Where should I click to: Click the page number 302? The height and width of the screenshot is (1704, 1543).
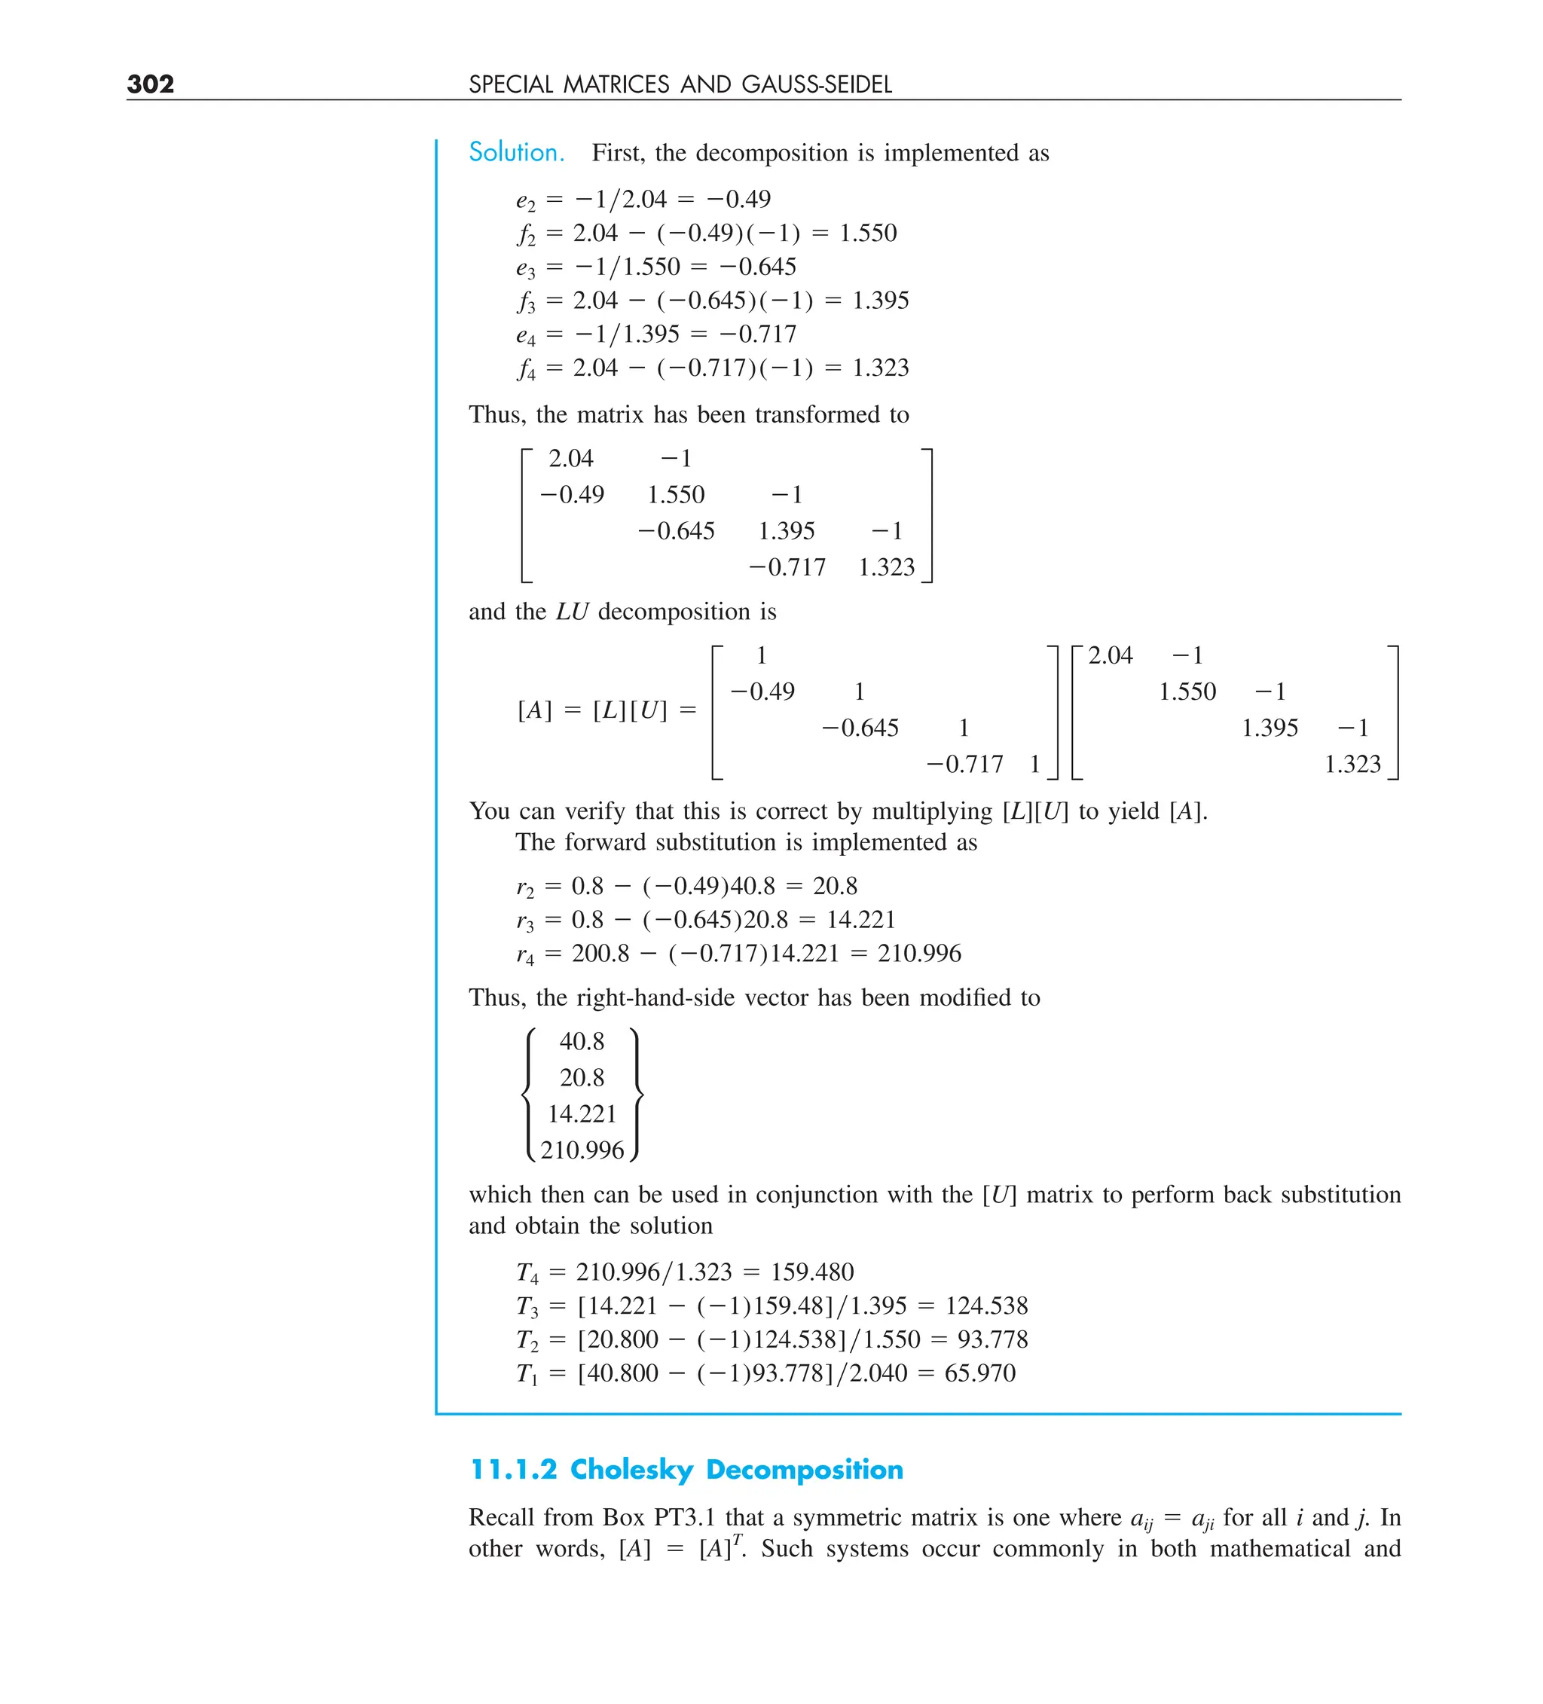[x=151, y=84]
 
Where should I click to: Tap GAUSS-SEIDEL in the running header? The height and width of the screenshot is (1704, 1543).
[x=817, y=84]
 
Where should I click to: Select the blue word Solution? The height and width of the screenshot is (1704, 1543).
[x=517, y=152]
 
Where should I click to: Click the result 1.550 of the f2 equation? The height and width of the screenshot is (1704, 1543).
[x=867, y=233]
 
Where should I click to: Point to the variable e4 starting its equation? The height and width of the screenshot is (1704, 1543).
[x=525, y=334]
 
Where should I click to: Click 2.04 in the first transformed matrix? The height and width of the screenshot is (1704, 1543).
[x=570, y=458]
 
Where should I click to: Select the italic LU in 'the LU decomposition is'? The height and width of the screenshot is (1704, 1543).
[x=572, y=611]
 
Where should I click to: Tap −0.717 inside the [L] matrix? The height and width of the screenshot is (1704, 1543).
[x=964, y=764]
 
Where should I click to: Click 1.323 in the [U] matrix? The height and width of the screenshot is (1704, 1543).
[x=1352, y=764]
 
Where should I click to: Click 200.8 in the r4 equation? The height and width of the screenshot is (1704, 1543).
[x=600, y=954]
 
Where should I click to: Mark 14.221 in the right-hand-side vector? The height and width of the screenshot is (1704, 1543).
[x=582, y=1114]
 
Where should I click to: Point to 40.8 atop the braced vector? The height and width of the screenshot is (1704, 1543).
[x=582, y=1041]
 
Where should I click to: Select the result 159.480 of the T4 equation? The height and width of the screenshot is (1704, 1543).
[x=811, y=1272]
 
